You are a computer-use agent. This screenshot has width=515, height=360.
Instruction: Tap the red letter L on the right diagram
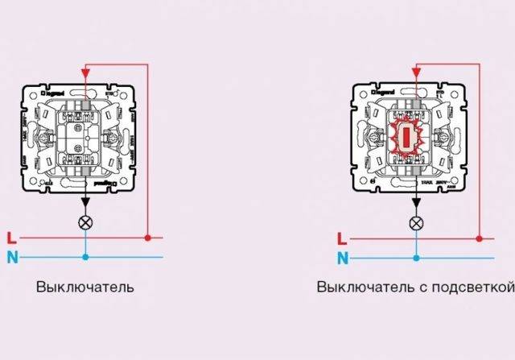[x=343, y=239]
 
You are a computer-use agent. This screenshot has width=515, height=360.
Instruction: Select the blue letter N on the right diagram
[x=343, y=259]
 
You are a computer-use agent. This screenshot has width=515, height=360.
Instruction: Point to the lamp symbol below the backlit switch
[x=416, y=223]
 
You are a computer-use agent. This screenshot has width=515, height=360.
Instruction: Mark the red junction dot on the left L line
[x=148, y=238]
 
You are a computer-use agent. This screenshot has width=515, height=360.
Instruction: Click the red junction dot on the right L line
[x=479, y=239]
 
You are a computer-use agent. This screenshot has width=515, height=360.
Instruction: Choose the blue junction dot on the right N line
[x=416, y=259]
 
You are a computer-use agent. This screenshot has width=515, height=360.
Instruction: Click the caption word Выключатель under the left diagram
[x=84, y=287]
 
